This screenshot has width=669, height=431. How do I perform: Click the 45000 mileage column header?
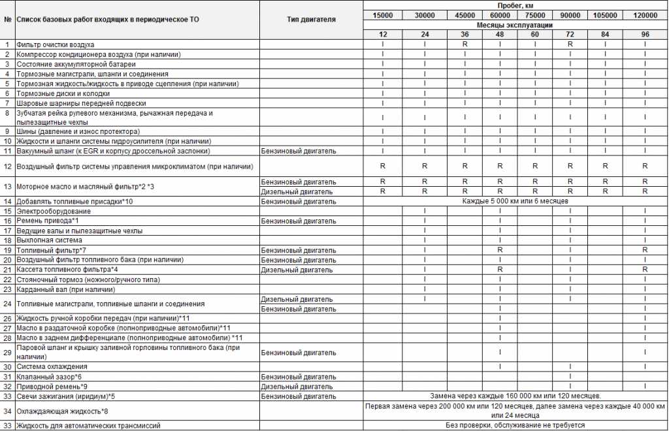point(465,15)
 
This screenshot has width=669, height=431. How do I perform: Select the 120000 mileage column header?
point(645,15)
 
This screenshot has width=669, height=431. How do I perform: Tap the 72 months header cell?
point(570,34)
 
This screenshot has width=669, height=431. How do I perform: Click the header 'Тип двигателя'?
point(311,20)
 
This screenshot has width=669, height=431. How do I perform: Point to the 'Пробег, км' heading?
point(515,5)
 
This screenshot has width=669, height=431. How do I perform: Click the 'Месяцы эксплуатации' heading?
point(515,25)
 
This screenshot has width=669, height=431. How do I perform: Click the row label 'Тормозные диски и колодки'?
point(58,93)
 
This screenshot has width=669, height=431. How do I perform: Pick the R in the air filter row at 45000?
point(465,44)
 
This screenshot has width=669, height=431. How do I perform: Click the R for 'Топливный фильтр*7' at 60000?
point(500,250)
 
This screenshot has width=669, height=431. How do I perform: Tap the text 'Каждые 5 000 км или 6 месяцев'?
point(515,201)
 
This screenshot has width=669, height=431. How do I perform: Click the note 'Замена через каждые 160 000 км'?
point(515,396)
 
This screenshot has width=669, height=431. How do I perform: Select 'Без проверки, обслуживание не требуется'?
point(515,426)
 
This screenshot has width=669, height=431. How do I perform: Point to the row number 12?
point(8,167)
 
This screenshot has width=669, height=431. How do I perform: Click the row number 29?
point(8,353)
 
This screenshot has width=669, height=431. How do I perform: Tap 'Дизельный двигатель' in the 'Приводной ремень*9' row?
point(297,387)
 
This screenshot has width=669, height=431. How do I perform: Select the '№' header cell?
point(8,20)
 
